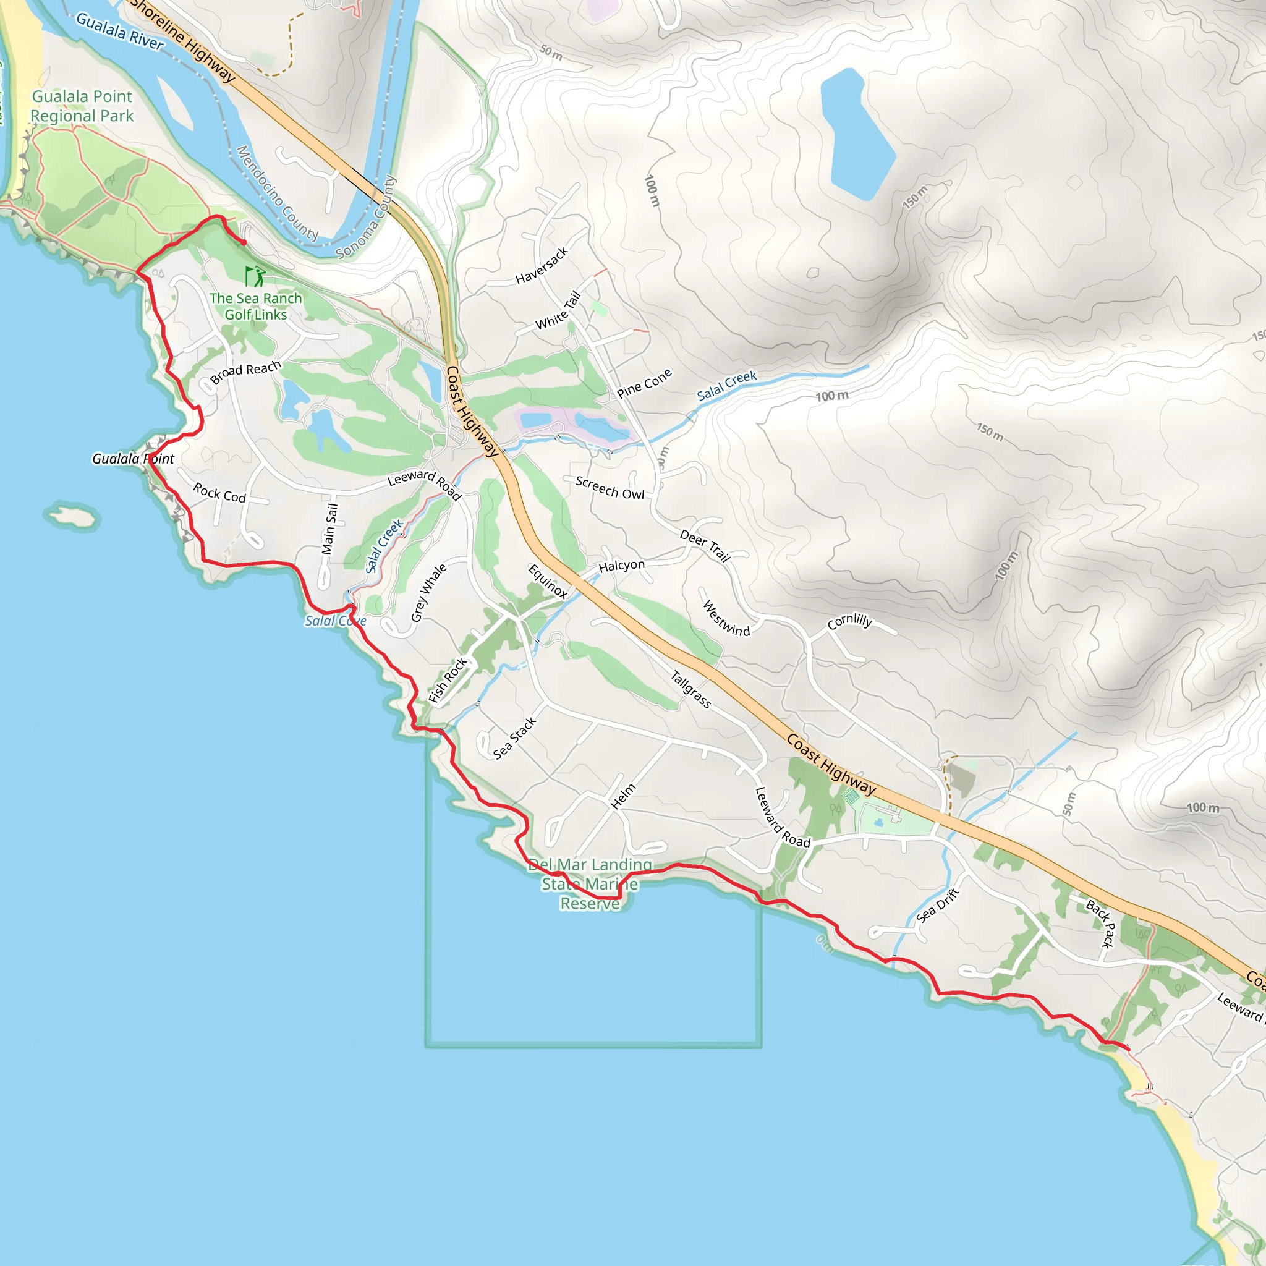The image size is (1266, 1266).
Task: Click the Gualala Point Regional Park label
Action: (x=82, y=106)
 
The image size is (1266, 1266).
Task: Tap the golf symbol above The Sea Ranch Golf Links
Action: (x=255, y=276)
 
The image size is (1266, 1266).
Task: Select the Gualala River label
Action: (x=119, y=31)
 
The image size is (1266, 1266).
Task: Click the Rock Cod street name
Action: (x=219, y=492)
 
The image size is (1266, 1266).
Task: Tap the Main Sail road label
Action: (x=329, y=529)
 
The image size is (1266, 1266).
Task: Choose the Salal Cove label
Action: (x=335, y=621)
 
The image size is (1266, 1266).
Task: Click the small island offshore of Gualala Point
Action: (x=72, y=516)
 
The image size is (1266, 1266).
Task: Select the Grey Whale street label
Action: (x=428, y=592)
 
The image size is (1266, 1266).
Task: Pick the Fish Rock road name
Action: (x=448, y=679)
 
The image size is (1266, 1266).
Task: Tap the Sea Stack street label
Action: (x=514, y=738)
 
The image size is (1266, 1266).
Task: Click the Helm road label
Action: (x=622, y=796)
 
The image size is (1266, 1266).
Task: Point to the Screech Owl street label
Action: (x=610, y=488)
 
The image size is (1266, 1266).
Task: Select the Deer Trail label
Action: (x=705, y=546)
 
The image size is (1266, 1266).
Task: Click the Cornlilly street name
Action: (x=849, y=621)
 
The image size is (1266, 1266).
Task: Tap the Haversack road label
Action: (x=542, y=265)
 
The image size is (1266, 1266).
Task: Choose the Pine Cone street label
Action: (x=644, y=383)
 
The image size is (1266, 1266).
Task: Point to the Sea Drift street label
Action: (x=938, y=905)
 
